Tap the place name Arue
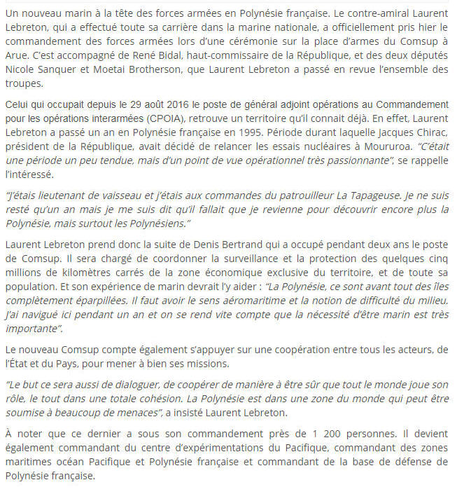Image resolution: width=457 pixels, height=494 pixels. click(15, 55)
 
